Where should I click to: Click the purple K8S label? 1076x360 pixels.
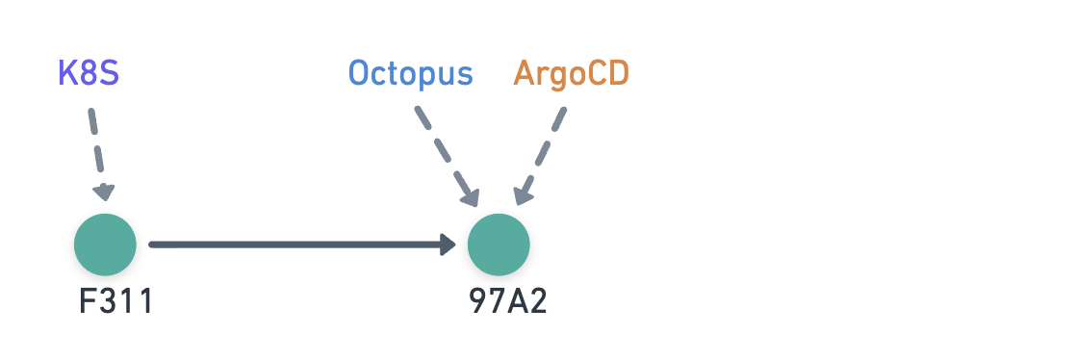89,74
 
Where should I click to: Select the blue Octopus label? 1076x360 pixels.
411,74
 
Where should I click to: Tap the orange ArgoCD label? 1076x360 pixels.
572,74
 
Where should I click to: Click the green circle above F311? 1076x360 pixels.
105,244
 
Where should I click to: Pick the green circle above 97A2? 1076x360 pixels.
499,244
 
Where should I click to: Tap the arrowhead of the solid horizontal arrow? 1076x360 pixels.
448,244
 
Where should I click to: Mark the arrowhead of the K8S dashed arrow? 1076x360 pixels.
104,193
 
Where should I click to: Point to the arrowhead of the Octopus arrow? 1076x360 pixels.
471,197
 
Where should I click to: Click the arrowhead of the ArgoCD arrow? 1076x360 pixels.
522,196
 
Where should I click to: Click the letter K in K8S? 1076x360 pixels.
67,74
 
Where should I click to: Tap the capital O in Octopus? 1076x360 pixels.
358,74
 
